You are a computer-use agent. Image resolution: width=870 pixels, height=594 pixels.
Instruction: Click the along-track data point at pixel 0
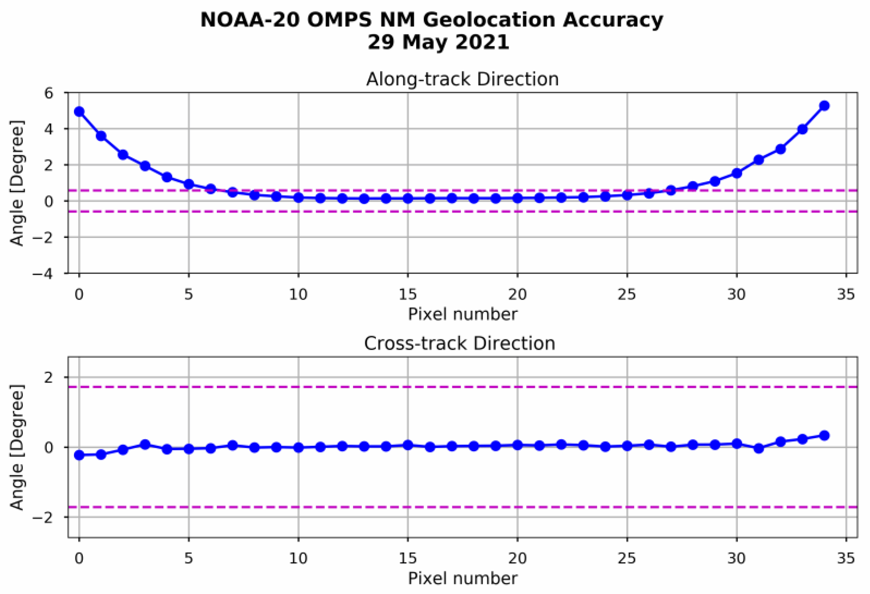(79, 112)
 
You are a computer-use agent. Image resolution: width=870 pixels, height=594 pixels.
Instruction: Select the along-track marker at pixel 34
(824, 106)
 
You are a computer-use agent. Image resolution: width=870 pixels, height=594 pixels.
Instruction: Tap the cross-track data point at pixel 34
(824, 435)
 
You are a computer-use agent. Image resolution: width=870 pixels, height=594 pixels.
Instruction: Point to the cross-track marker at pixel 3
(145, 445)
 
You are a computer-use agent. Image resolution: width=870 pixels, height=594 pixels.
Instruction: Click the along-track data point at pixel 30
(736, 173)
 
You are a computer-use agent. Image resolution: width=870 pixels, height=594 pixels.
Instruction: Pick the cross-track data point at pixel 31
(759, 448)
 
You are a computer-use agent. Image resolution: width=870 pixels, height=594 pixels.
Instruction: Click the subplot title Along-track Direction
(462, 79)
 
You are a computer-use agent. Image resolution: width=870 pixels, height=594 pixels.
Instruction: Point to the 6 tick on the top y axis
(49, 93)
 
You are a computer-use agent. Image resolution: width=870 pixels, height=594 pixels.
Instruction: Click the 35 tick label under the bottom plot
(846, 558)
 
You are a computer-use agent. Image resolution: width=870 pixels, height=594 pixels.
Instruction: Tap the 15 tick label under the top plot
(408, 295)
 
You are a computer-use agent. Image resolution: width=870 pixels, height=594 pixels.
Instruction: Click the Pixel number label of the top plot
(462, 314)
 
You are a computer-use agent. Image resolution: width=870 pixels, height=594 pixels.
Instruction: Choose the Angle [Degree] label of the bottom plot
(16, 447)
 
